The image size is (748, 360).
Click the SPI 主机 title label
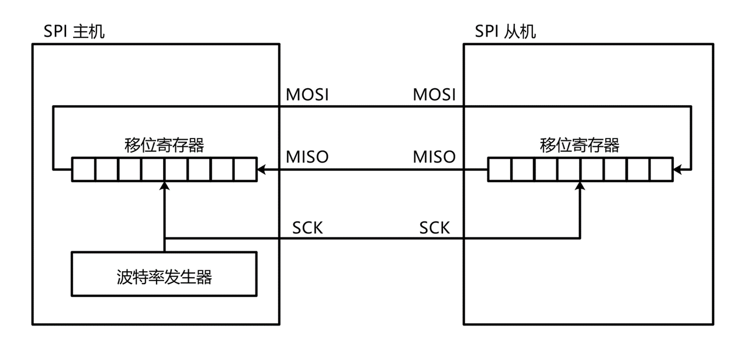click(75, 31)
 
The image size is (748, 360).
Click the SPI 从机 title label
click(505, 31)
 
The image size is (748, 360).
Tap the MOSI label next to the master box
click(307, 95)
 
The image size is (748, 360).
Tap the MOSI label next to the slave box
click(434, 95)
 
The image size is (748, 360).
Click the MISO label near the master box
click(307, 157)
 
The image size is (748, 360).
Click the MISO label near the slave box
click(434, 157)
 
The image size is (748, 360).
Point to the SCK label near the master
click(307, 227)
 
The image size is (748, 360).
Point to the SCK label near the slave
click(435, 227)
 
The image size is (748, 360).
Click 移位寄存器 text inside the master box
click(164, 144)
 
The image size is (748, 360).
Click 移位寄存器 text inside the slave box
click(580, 144)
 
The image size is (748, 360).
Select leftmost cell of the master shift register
click(84, 169)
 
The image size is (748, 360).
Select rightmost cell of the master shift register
click(245, 169)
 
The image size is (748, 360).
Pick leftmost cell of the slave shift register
click(500, 169)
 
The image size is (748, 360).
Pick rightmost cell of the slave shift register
click(661, 169)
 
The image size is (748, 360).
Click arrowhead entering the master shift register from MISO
click(261, 169)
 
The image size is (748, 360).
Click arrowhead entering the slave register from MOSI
click(677, 169)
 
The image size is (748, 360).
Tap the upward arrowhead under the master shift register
click(165, 185)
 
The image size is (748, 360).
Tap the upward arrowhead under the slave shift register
click(580, 185)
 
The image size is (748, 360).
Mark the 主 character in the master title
click(80, 31)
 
